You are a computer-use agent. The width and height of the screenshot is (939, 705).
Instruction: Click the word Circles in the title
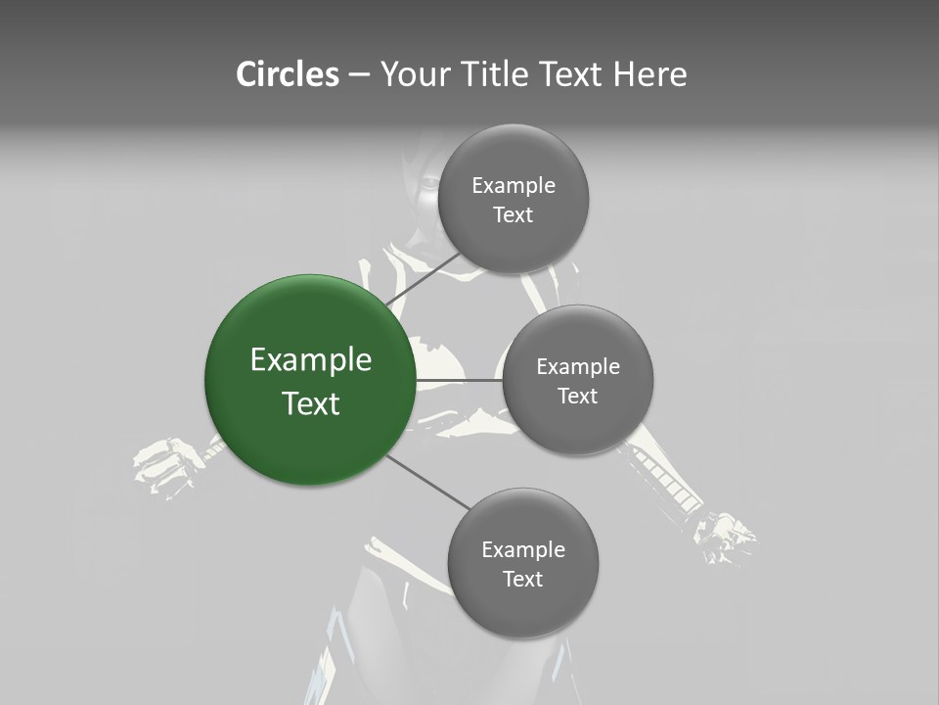coord(287,74)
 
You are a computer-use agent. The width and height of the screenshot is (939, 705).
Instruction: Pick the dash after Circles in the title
coord(359,75)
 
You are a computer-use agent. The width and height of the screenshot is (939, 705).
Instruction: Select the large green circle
coord(310,380)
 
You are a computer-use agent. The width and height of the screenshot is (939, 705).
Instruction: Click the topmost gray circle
coord(513,199)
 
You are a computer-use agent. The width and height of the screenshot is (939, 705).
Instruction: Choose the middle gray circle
coord(577,380)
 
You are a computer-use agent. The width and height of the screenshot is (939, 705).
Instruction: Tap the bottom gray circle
coord(522,563)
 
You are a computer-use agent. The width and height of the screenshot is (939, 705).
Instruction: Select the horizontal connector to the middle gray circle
coord(459,380)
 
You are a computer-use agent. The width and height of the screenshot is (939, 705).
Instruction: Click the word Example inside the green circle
coord(310,359)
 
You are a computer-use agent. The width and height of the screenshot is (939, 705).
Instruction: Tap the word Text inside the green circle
coord(310,403)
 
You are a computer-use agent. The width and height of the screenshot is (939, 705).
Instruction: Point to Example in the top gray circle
coord(513,185)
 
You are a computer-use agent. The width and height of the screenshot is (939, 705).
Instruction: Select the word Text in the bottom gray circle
coord(522,579)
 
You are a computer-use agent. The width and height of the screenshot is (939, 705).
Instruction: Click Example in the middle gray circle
coord(577,366)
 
